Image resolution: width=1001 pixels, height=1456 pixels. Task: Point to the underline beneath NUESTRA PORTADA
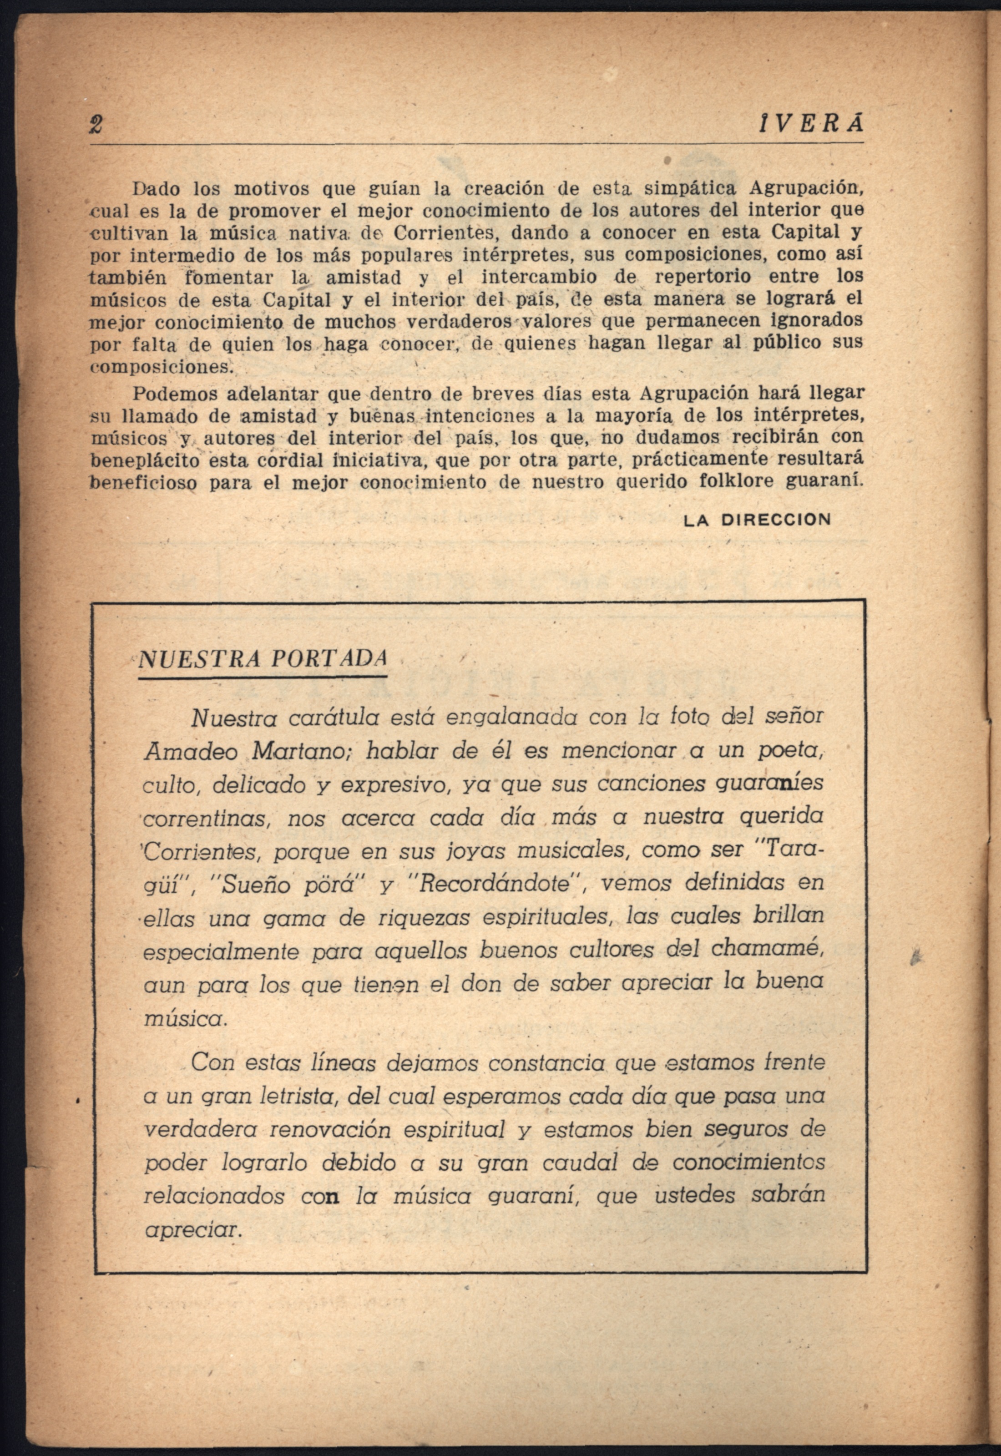tap(262, 677)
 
